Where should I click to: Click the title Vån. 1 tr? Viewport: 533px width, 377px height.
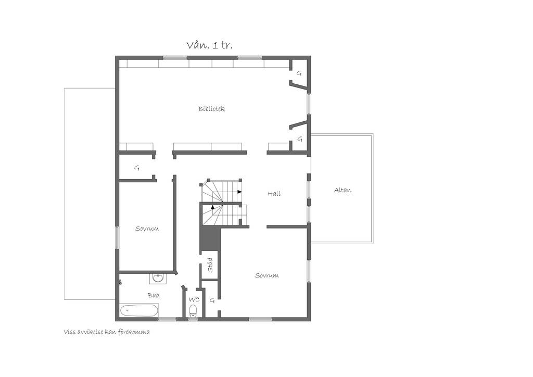[x=210, y=45]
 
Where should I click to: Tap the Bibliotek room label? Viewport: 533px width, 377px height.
[x=211, y=109]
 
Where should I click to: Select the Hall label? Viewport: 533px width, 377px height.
[x=274, y=193]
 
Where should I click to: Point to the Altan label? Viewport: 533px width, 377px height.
[x=342, y=190]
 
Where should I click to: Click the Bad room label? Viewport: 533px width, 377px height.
[x=154, y=295]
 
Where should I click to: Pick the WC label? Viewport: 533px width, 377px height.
[x=194, y=299]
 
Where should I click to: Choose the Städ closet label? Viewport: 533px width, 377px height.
[x=210, y=265]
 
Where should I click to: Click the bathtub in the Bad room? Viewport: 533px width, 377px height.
[x=139, y=310]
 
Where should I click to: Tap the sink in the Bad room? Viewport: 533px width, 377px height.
[x=158, y=279]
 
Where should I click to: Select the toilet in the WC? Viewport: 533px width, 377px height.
[x=193, y=310]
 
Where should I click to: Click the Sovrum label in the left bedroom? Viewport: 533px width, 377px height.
[x=147, y=229]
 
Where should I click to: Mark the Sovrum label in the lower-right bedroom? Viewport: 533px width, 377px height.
[x=267, y=275]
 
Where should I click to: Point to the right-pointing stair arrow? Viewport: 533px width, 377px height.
[x=239, y=192]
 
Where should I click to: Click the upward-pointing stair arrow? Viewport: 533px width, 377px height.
[x=213, y=206]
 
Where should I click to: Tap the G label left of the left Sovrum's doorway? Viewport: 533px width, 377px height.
[x=137, y=168]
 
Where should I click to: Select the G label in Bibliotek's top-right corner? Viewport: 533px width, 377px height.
[x=299, y=73]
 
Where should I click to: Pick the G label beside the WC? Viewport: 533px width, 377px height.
[x=212, y=300]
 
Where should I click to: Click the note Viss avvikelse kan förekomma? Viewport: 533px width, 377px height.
[x=107, y=332]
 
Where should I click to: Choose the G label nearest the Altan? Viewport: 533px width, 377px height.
[x=300, y=139]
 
